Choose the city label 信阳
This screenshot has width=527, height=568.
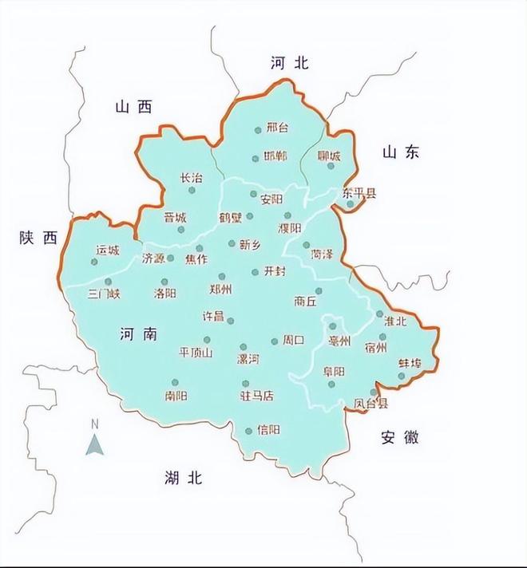(x=269, y=430)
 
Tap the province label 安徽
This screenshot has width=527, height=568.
(x=400, y=437)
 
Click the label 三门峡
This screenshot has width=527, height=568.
(x=104, y=294)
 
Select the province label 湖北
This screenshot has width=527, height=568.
(x=184, y=478)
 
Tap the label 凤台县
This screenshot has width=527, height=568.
(x=371, y=404)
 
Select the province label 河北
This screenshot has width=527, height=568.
(x=289, y=64)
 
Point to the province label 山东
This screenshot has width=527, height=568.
(x=400, y=153)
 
